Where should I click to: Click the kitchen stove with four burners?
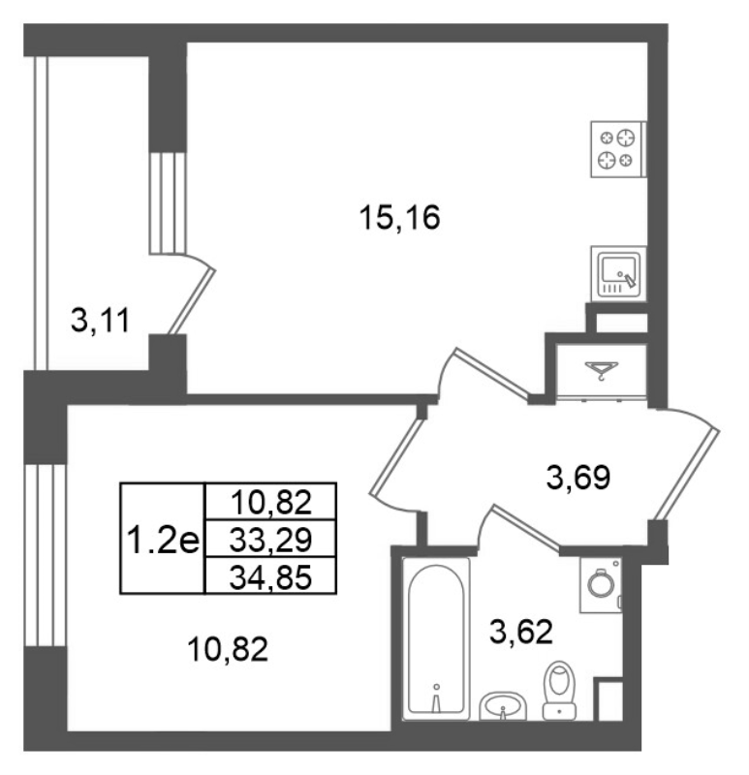[618, 149]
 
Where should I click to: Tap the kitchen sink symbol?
[618, 274]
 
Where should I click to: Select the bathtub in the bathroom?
[436, 638]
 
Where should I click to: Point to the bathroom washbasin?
[503, 705]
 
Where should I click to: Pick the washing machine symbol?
[601, 586]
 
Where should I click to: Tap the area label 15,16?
[400, 218]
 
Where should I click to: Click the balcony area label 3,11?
[101, 321]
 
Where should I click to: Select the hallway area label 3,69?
[578, 478]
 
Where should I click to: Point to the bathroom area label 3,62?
[520, 633]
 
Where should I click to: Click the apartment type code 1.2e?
[163, 539]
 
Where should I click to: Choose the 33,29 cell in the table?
[271, 539]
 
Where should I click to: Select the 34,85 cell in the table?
[271, 575]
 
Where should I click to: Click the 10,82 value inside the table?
[271, 502]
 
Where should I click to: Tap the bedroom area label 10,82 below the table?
[228, 649]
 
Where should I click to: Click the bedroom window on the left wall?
[46, 555]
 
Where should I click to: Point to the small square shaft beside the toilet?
[608, 699]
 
